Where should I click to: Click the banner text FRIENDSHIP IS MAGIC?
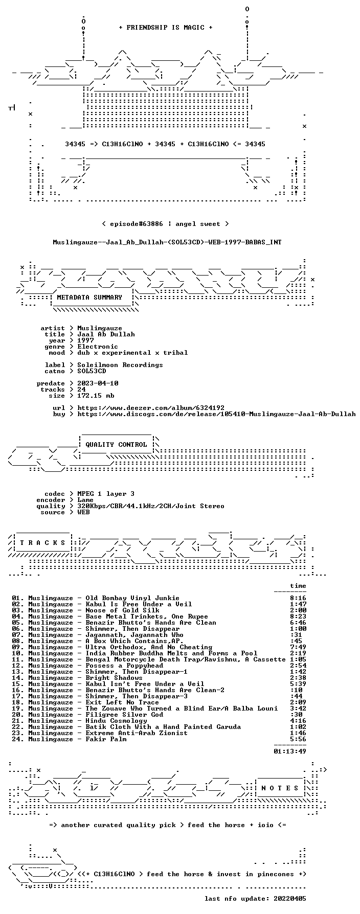pos(165,28)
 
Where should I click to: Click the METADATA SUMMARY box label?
pos(89,298)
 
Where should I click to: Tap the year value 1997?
pos(85,340)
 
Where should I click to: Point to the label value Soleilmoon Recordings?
pos(120,365)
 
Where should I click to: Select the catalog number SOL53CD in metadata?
pos(92,371)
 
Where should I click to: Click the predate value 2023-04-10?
pos(98,383)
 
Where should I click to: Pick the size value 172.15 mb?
pos(96,396)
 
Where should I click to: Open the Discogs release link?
pos(216,414)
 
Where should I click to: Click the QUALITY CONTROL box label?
pos(116,445)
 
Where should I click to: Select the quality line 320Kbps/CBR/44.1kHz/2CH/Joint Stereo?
pos(151,506)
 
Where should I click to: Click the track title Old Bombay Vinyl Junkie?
pos(132,598)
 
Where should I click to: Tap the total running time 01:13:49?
pos(290,751)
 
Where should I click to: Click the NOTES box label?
pos(280,788)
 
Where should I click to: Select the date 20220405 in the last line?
pos(290,899)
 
